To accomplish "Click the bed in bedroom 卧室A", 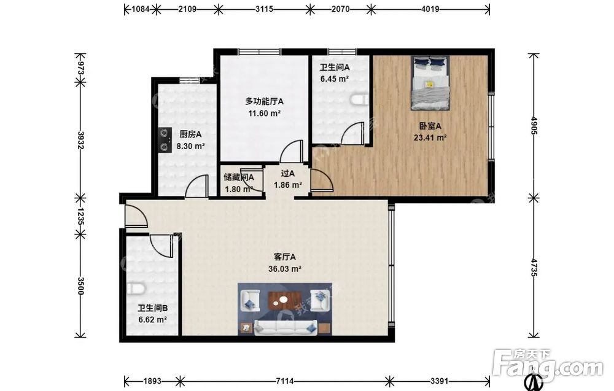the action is click(430, 83).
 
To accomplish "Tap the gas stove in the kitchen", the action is click(165, 140).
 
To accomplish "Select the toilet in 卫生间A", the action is click(360, 99).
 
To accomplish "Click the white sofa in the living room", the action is click(286, 327).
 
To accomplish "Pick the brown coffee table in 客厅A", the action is click(283, 301).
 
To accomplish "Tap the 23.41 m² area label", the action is click(430, 137).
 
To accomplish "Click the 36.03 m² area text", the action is click(285, 269).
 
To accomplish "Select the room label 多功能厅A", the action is click(264, 101).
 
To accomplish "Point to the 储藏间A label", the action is click(239, 177).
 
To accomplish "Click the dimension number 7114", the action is click(285, 381).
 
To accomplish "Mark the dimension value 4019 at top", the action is click(430, 9).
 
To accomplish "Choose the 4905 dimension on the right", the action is click(534, 125).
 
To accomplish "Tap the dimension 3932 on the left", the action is click(80, 140).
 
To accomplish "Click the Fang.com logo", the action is click(548, 364).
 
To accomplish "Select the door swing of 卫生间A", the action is click(352, 133).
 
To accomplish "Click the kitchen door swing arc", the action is click(196, 186).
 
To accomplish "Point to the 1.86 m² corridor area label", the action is click(288, 185).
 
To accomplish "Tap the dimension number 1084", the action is click(140, 9).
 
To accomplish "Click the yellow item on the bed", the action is click(429, 83).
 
